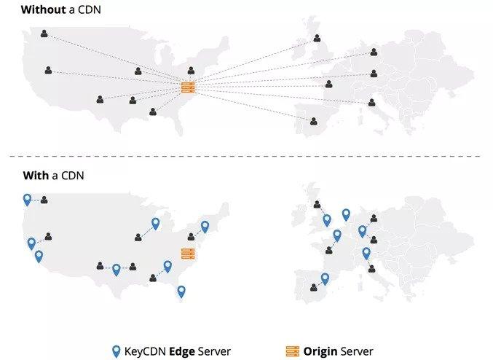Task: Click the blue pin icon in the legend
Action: point(116,351)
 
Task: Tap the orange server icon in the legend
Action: point(293,351)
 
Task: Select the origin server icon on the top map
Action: point(187,89)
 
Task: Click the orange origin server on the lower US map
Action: point(188,254)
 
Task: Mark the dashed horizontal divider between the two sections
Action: point(246,156)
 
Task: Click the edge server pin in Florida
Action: point(181,291)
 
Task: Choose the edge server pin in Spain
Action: point(325,278)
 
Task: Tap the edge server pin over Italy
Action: point(366,253)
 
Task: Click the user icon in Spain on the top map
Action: point(314,122)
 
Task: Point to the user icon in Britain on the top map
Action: point(317,39)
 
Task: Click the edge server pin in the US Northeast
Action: point(205,226)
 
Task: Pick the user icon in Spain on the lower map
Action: point(314,287)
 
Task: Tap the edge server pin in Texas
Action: point(116,269)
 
